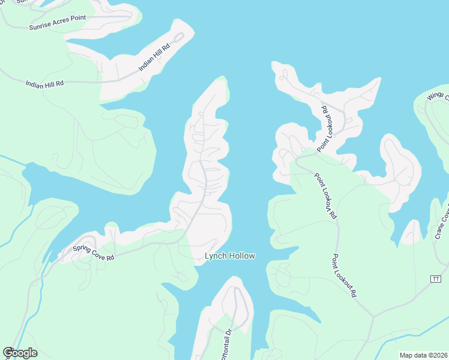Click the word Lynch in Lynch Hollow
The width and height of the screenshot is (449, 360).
click(215, 256)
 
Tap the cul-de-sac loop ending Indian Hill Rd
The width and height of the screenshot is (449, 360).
click(178, 38)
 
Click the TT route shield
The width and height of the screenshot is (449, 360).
click(436, 279)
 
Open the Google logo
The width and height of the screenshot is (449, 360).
click(20, 353)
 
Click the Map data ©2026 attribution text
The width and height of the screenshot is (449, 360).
click(423, 355)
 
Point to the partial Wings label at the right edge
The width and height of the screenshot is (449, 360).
click(437, 97)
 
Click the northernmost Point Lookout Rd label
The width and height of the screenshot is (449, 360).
click(325, 127)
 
